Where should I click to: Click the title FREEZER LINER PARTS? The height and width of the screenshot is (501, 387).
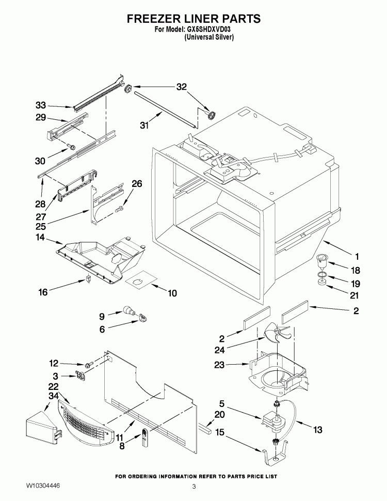[x=193, y=19]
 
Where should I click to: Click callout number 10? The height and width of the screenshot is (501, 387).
[x=172, y=293]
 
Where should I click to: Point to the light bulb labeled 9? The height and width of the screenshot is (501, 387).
[x=127, y=311]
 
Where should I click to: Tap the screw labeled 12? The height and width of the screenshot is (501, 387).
[x=89, y=365]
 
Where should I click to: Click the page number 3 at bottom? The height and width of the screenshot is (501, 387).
[x=193, y=487]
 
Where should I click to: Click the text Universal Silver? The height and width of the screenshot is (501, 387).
[x=209, y=37]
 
